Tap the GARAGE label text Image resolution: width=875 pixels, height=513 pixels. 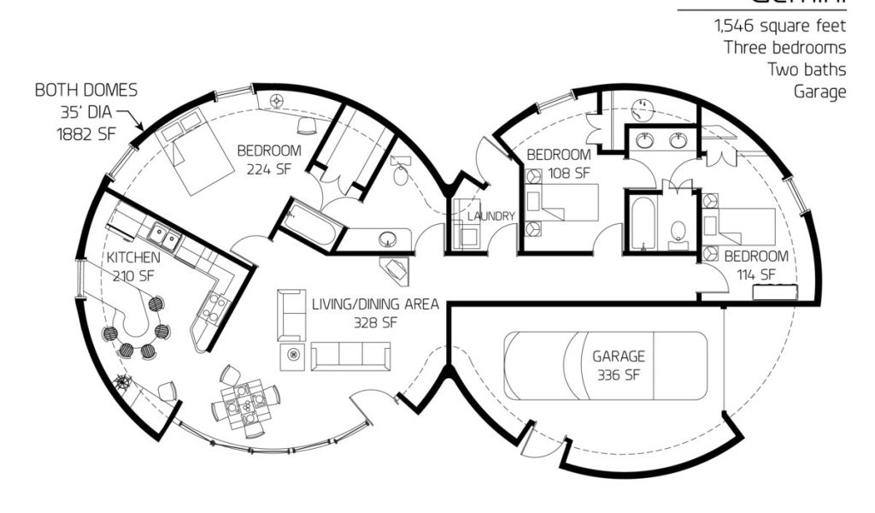point(619,356)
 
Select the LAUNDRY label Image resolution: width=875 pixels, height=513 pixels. point(491,216)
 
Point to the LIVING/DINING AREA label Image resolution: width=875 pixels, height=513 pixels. point(376,304)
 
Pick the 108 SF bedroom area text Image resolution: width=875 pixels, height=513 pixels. point(559,173)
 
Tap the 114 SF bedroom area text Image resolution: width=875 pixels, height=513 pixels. point(756,274)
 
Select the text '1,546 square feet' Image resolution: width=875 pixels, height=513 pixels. point(781,26)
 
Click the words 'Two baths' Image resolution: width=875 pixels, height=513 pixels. point(807,69)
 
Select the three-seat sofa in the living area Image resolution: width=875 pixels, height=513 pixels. point(350,356)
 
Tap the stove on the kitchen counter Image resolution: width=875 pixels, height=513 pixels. point(216,304)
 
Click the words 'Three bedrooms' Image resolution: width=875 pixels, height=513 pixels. point(785,48)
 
